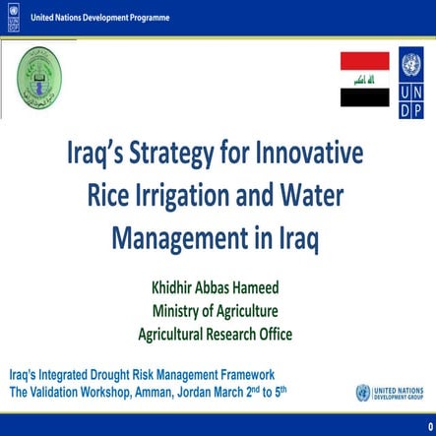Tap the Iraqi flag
coord(365,80)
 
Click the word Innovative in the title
coord(310,156)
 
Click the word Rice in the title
coord(117,196)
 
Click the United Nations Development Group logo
coord(391,393)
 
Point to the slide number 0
coord(428,425)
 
